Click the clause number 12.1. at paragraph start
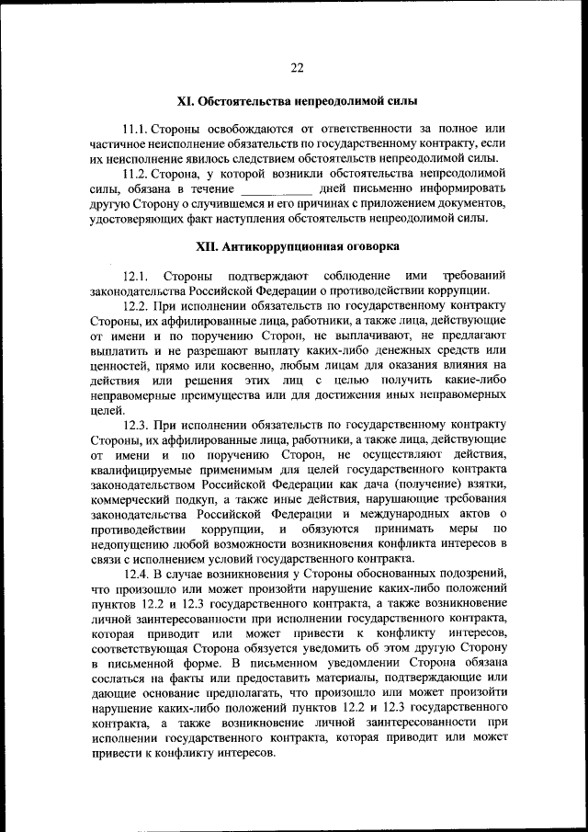click(x=136, y=276)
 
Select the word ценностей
click(x=122, y=365)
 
